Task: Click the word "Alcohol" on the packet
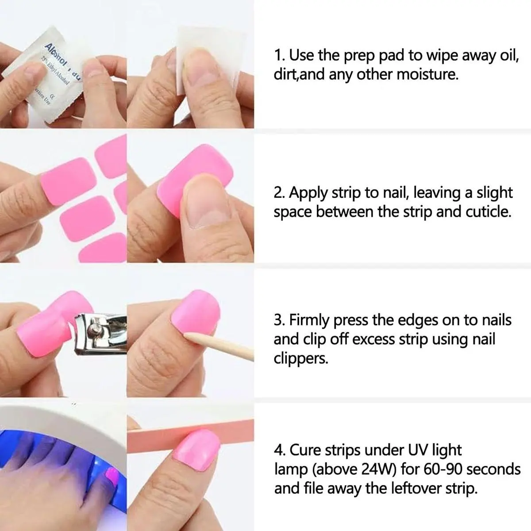coord(56,55)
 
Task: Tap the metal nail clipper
coord(100,334)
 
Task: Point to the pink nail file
coord(190,435)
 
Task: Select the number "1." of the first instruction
coord(280,55)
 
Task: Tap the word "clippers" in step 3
coord(300,358)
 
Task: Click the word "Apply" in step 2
coord(308,193)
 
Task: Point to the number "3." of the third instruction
coord(281,320)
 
